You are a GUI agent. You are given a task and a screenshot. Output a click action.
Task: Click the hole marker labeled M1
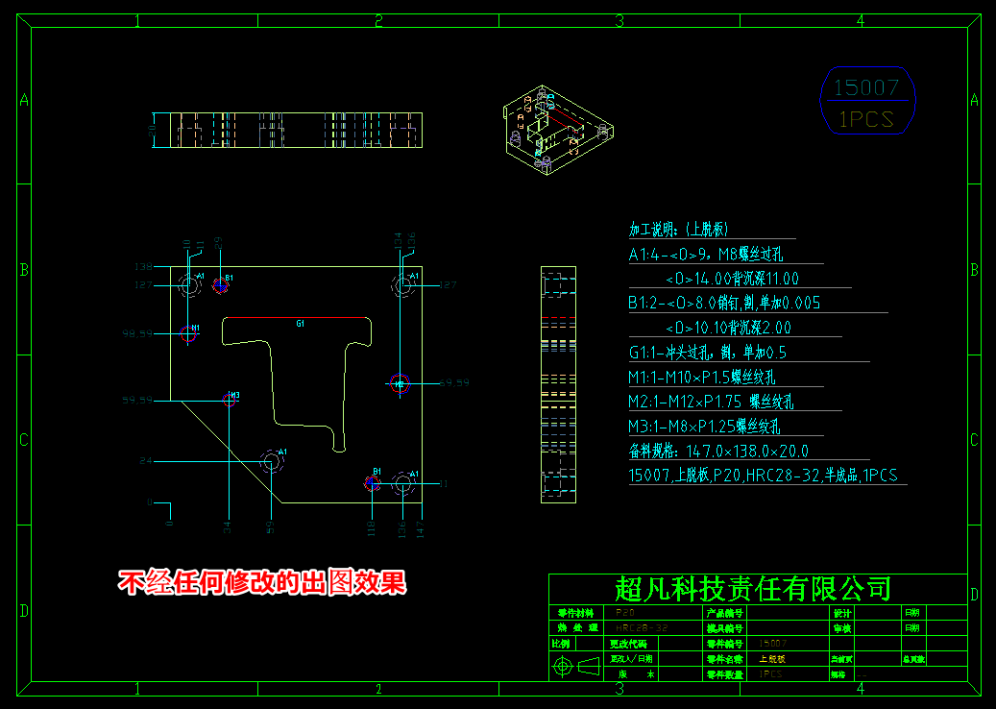pyautogui.click(x=188, y=333)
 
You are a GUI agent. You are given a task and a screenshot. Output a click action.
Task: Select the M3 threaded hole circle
pyautogui.click(x=230, y=400)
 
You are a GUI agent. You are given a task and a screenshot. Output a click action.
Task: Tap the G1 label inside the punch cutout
pyautogui.click(x=300, y=325)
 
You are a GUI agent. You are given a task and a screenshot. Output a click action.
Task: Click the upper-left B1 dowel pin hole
pyautogui.click(x=220, y=283)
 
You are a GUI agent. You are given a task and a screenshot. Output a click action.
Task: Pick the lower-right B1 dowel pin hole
pyautogui.click(x=373, y=482)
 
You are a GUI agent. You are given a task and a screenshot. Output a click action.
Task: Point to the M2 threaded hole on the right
pyautogui.click(x=400, y=383)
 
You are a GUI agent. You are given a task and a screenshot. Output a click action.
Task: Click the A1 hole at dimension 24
pyautogui.click(x=272, y=462)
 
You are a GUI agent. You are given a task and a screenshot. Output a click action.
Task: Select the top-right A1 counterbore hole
pyautogui.click(x=401, y=284)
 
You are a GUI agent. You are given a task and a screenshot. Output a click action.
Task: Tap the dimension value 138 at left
pyautogui.click(x=143, y=266)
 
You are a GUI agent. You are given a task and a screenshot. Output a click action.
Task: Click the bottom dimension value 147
pyautogui.click(x=420, y=526)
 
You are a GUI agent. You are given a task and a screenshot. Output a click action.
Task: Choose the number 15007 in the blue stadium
pyautogui.click(x=866, y=88)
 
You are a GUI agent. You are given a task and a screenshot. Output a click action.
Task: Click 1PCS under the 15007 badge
pyautogui.click(x=866, y=119)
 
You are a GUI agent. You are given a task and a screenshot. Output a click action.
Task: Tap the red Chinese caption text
pyautogui.click(x=262, y=582)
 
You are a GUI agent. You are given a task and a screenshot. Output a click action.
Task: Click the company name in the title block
pyautogui.click(x=753, y=588)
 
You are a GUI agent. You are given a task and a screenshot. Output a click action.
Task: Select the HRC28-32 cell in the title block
pyautogui.click(x=642, y=627)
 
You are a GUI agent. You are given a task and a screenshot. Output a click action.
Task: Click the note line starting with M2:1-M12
pyautogui.click(x=712, y=402)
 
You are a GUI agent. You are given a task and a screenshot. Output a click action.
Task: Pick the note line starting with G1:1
pyautogui.click(x=708, y=353)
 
